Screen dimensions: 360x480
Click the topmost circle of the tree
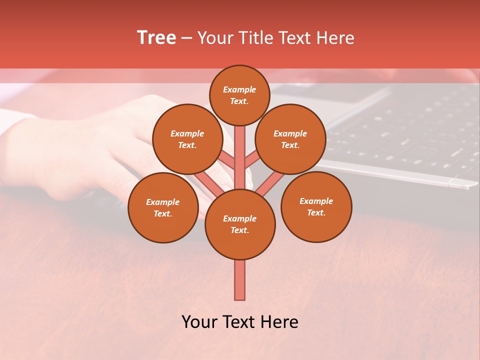239,95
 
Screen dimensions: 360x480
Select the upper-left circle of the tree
187,139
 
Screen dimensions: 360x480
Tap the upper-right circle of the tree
290,139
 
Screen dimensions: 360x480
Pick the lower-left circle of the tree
163,207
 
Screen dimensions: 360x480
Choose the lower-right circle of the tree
316,206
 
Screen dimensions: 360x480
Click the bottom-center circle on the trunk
240,224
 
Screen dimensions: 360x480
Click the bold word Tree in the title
156,37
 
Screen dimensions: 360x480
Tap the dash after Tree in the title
186,38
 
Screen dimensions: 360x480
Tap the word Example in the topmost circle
239,90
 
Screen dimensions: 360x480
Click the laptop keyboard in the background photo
400,130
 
